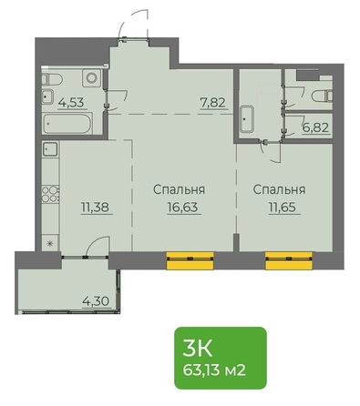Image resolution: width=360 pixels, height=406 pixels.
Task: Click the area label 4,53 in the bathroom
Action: coord(71,102)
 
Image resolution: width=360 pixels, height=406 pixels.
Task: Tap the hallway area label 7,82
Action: coord(212,103)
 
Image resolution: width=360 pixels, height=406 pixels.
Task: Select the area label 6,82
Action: coord(315,127)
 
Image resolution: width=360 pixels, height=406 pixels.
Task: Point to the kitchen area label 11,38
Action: coord(95,208)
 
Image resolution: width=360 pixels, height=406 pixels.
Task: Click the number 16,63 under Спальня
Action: coord(182,208)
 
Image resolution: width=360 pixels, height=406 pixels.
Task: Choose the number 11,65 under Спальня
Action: coord(283,208)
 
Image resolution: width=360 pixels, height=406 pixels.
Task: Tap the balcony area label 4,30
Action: coord(96,301)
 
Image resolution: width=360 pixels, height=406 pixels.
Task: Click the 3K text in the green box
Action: coord(197,349)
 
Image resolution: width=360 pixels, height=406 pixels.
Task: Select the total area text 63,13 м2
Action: coord(214,370)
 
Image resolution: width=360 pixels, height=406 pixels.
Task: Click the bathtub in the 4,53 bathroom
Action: coord(67,123)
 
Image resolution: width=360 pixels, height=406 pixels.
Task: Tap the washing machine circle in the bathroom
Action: coord(91,78)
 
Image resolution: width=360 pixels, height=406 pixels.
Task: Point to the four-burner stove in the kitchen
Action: coord(50,194)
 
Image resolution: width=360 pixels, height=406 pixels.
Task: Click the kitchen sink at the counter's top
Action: coord(50,149)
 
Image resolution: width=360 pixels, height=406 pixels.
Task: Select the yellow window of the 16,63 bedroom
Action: coord(190,260)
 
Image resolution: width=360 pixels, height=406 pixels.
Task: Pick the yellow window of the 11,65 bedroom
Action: coord(289,260)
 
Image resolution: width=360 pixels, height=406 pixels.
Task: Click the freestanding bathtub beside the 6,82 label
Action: coord(247,119)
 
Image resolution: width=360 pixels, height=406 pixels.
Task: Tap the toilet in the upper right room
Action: coord(322,96)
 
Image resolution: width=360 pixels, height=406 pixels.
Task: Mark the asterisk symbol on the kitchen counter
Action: coord(50,243)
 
